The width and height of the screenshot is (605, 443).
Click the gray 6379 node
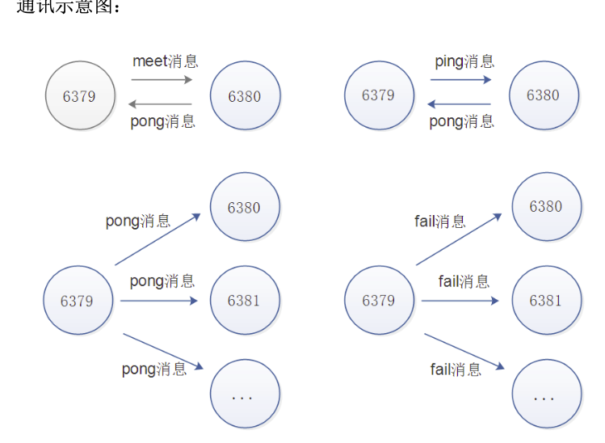79,96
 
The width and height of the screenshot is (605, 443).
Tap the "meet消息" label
165,61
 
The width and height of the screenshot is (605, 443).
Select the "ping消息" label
464,61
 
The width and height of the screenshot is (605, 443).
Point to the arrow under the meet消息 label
162,79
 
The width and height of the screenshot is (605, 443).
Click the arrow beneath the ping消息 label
460,79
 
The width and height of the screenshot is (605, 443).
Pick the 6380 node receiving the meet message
245,96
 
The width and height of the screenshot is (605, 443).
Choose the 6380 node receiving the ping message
543,95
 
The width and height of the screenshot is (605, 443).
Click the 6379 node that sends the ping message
378,95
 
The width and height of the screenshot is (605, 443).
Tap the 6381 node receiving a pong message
244,301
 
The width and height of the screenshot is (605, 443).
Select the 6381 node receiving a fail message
545,300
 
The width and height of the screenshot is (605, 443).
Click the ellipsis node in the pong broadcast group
244,395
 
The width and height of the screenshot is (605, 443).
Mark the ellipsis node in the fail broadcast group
545,395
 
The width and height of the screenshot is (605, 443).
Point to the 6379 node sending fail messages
378,301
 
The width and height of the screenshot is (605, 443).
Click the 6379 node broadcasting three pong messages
78,301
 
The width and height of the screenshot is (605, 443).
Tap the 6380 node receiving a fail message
545,206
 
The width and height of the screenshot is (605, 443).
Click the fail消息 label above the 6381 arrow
464,281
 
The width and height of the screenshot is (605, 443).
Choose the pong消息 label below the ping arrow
461,121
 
